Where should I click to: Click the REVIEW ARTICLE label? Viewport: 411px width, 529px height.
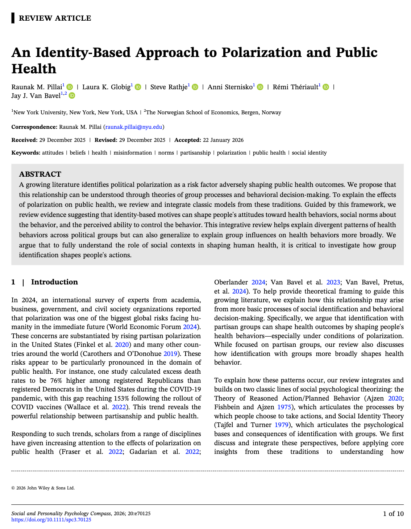55,18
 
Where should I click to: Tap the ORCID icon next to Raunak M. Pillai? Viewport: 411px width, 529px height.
70,87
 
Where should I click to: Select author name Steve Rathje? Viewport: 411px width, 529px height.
169,87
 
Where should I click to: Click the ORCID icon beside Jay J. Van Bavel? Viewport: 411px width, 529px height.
72,96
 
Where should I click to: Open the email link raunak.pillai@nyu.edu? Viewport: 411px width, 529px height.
134,127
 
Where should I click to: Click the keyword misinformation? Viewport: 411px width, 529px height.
133,153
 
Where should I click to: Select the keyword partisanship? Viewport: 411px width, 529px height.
195,153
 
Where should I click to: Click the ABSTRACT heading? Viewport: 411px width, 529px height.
40,174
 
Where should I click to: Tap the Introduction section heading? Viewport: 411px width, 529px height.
54,282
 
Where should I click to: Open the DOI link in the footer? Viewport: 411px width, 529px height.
51,520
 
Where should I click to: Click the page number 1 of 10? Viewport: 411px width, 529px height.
393,514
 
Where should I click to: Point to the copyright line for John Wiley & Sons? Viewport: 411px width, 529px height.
43,488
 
